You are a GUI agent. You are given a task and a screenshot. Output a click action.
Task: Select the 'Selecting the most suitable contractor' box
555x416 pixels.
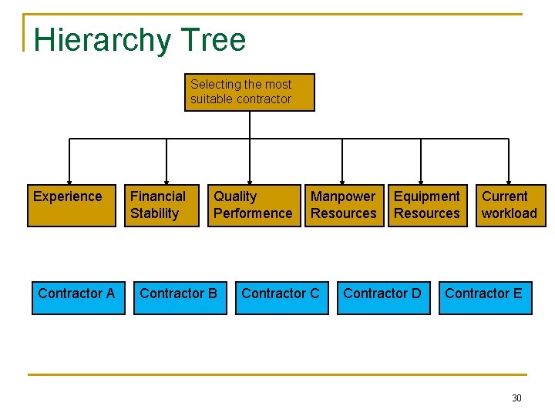(x=250, y=92)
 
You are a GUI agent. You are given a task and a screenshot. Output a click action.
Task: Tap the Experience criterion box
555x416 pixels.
(x=72, y=206)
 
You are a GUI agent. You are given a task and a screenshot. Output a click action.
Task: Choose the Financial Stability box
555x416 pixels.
(x=163, y=206)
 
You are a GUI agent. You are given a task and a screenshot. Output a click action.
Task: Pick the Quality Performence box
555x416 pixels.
(x=253, y=206)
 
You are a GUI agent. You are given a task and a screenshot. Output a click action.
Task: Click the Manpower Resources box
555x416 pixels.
(x=344, y=206)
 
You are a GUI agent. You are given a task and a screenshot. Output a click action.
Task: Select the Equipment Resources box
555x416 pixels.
(x=427, y=206)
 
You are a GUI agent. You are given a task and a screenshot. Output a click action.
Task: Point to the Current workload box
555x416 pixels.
(x=510, y=206)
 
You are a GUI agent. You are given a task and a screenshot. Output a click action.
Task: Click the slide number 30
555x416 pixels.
(x=516, y=398)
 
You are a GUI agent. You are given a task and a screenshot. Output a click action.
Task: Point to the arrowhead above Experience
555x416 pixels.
(x=70, y=180)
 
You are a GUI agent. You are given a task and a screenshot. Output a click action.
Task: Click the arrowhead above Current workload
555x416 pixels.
(x=508, y=180)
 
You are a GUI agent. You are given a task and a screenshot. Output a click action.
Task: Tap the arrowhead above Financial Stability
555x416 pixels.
(x=166, y=180)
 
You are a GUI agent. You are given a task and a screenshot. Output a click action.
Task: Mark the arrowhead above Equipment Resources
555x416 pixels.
(x=420, y=180)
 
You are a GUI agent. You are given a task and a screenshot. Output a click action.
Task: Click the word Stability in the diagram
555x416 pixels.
(x=154, y=213)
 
